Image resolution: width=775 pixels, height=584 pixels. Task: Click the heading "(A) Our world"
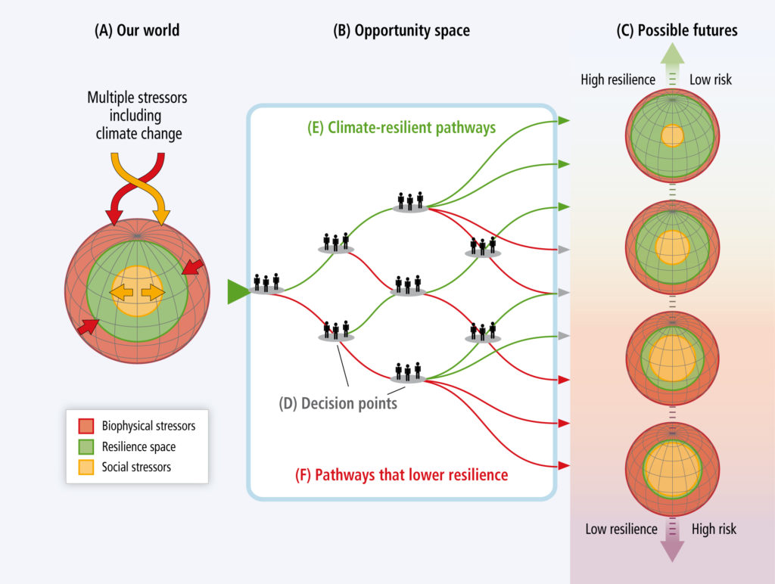pos(137,30)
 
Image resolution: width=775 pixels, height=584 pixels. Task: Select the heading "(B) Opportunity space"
pos(401,30)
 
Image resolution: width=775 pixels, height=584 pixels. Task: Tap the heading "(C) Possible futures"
pos(677,30)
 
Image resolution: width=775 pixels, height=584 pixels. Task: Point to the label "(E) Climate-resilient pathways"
pos(401,128)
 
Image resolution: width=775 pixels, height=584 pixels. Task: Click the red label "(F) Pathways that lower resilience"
pos(401,475)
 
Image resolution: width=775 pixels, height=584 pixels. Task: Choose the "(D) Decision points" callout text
pos(338,403)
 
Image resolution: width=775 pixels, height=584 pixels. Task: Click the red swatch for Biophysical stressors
pos(86,426)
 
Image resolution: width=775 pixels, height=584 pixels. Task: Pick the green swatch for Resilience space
pos(86,446)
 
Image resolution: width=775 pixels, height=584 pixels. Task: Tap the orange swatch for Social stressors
pos(86,467)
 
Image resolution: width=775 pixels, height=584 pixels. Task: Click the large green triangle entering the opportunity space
pos(238,291)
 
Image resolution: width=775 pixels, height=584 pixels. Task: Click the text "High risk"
pos(714,530)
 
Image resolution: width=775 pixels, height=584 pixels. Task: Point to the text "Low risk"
pos(710,79)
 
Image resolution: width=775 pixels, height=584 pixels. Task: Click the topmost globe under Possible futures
pos(672,135)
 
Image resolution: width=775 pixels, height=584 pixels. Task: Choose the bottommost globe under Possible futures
pos(672,469)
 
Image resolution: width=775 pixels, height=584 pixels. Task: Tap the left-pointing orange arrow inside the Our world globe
pos(122,293)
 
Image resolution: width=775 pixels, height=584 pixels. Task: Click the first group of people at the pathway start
pos(266,283)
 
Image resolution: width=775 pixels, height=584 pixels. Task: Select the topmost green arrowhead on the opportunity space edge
pos(564,120)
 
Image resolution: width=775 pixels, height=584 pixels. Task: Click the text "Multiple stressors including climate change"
pos(137,116)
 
